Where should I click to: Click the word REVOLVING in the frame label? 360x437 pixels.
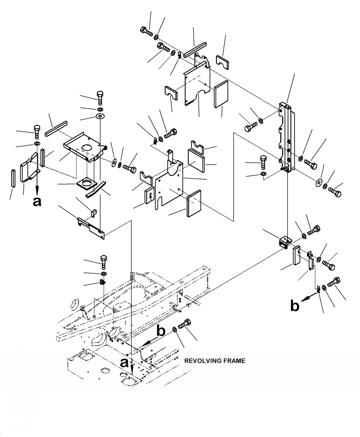(203, 361)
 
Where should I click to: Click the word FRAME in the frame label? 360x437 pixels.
(234, 361)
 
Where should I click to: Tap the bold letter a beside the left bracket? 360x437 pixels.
(37, 202)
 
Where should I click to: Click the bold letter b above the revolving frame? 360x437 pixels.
(161, 331)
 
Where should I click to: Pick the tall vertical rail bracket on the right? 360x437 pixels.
(285, 136)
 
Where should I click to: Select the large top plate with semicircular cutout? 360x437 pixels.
(196, 84)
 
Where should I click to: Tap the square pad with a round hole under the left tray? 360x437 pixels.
(85, 185)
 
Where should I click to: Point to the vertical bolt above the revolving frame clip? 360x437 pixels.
(104, 261)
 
